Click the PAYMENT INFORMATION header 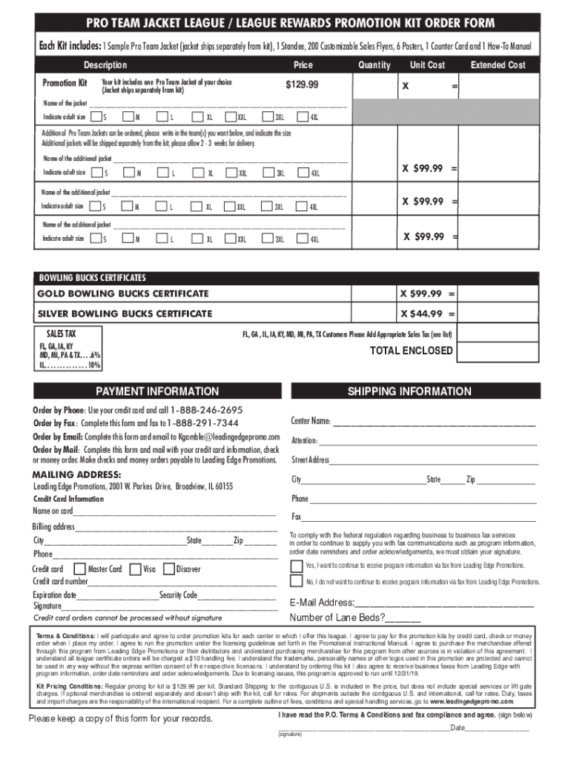(x=157, y=391)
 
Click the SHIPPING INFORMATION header (x=409, y=391)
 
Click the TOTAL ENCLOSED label (x=411, y=351)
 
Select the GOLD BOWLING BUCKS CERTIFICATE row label (x=123, y=294)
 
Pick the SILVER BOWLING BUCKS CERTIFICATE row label (x=125, y=314)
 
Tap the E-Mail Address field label (x=322, y=603)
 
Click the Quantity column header (x=374, y=65)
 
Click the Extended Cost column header (x=498, y=65)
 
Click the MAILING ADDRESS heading (x=76, y=474)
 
